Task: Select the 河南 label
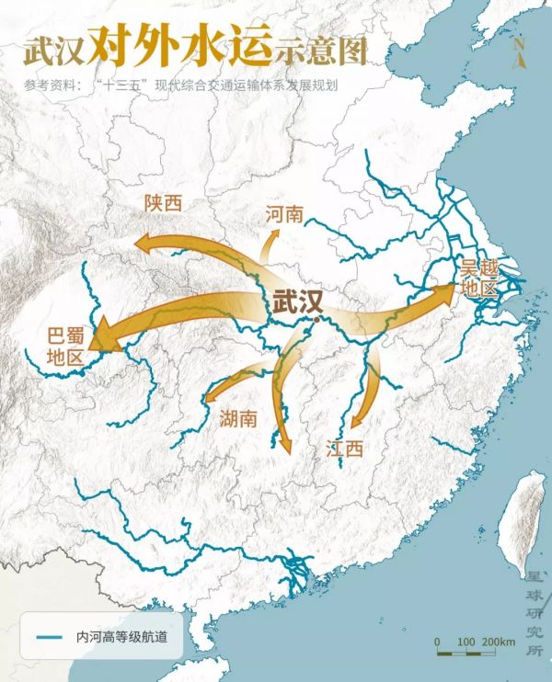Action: (283, 214)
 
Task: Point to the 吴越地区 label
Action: (478, 278)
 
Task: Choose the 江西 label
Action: (344, 449)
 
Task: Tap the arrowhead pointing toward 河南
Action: (274, 235)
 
